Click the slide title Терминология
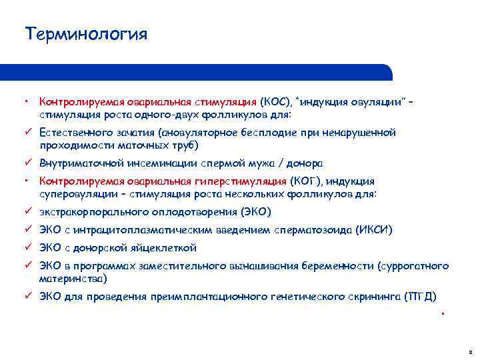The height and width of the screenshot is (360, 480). click(85, 33)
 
